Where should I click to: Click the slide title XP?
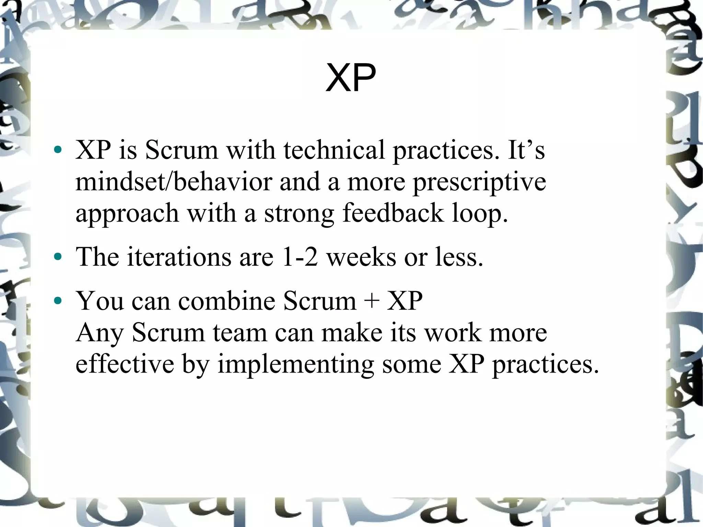tap(351, 78)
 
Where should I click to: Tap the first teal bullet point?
tap(58, 150)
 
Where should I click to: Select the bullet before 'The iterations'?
tap(58, 256)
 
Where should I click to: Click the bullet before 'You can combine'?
tap(58, 301)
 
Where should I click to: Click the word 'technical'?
tap(334, 150)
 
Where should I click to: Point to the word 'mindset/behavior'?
tap(174, 182)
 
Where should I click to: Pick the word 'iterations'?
tap(179, 257)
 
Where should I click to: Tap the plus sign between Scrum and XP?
tap(372, 301)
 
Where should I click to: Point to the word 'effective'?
tap(125, 364)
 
